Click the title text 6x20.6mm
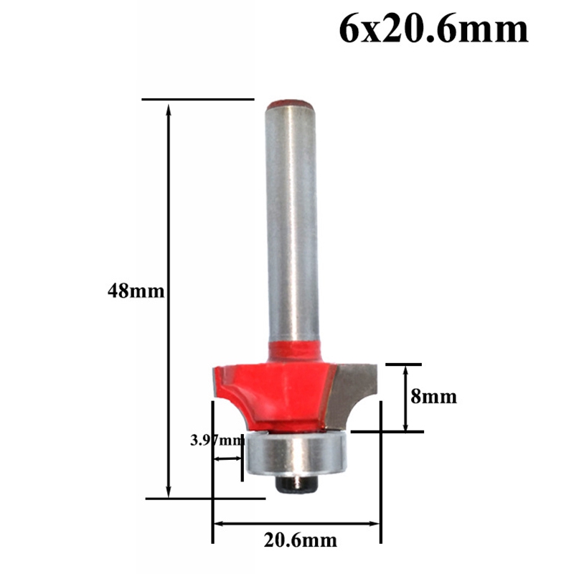coord(433,30)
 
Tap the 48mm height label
coord(136,291)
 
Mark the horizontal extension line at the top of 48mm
coord(197,99)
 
